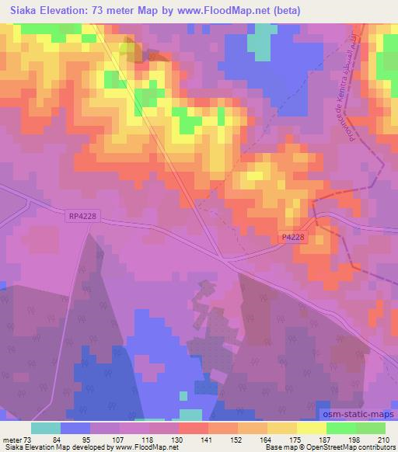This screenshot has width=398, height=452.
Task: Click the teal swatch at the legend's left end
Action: click(x=46, y=428)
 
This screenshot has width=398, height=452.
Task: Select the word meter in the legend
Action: click(x=12, y=440)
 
